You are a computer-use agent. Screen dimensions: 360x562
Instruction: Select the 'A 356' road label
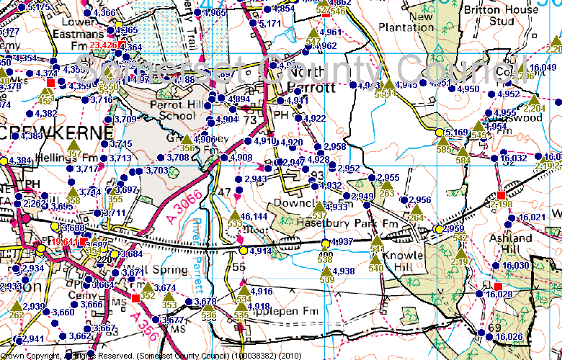[147, 327]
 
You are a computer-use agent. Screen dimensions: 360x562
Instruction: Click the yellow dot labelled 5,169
[439, 132]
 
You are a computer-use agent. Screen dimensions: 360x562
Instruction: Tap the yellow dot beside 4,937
[325, 242]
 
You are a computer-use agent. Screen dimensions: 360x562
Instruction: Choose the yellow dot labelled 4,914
[244, 251]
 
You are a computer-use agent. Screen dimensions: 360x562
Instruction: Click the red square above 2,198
[501, 195]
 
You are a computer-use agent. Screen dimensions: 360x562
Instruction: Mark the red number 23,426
[103, 46]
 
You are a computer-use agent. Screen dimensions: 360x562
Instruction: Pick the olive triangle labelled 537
[320, 207]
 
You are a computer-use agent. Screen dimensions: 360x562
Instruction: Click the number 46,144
[254, 216]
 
